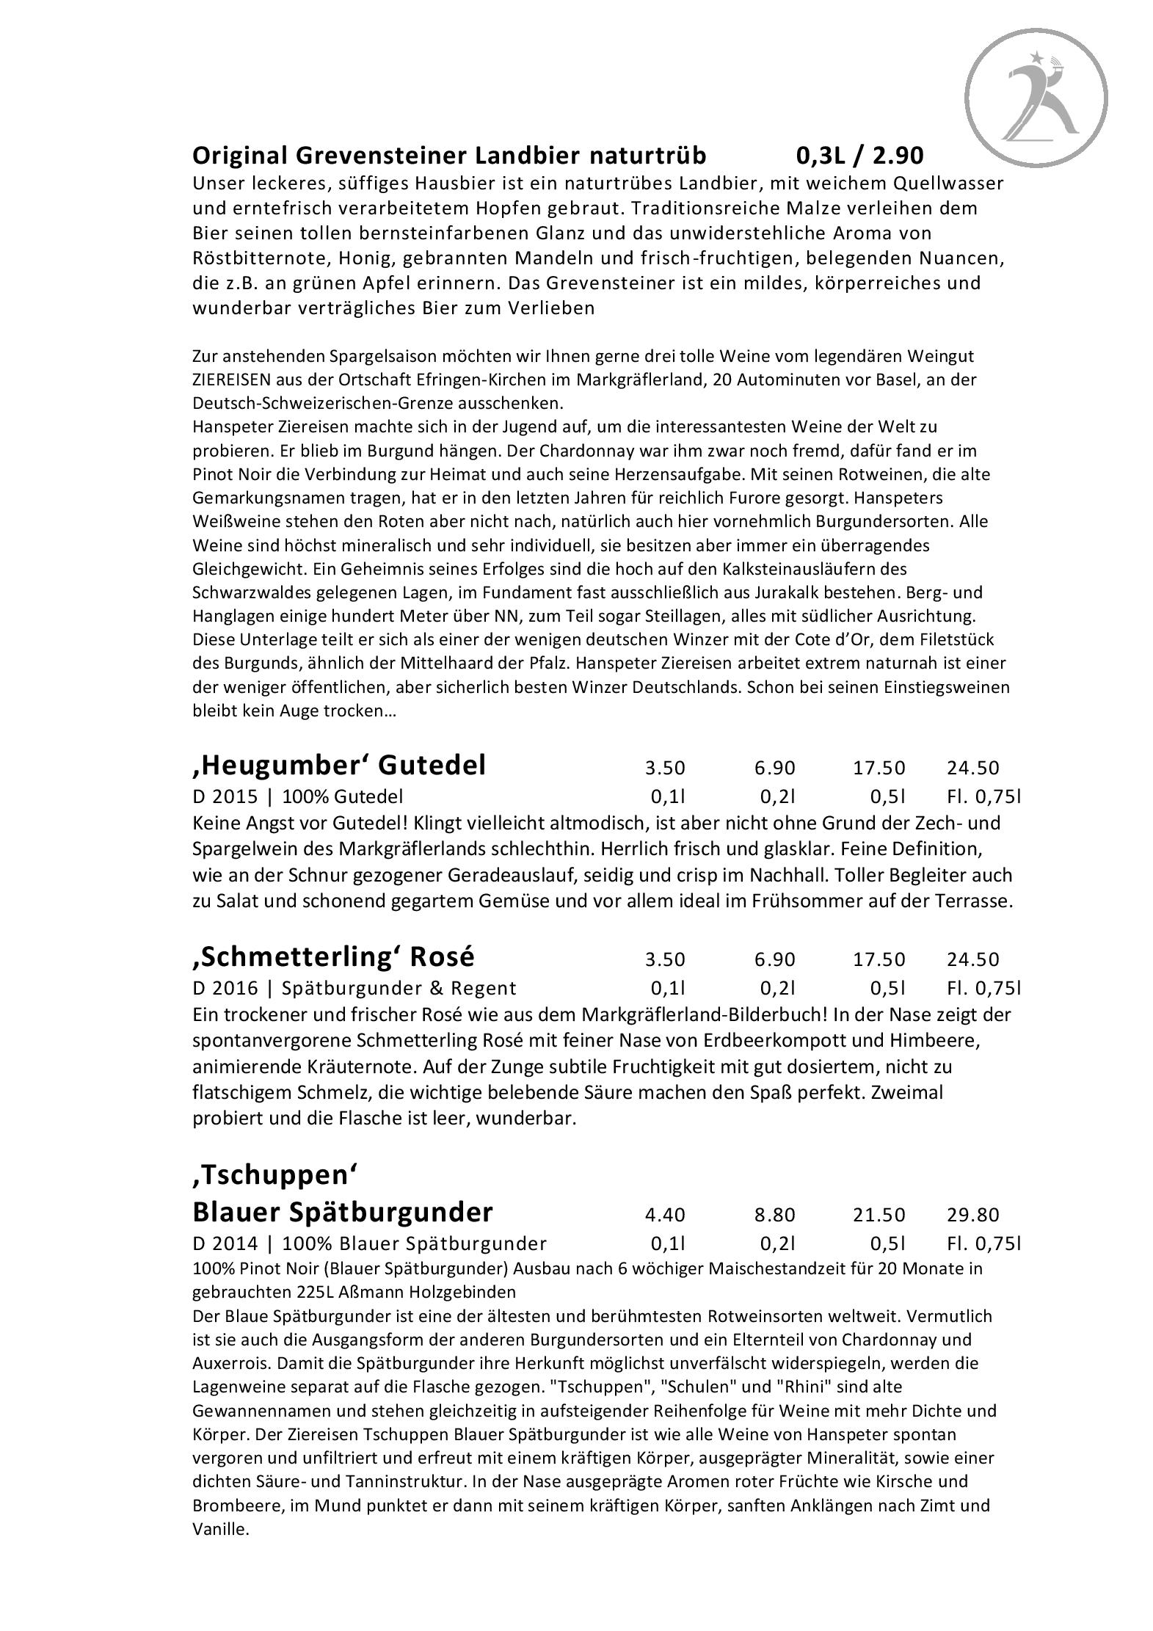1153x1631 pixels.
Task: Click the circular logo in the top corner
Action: tap(1036, 98)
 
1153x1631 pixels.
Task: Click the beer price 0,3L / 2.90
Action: tap(859, 156)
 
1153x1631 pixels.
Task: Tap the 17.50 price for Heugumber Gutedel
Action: tap(879, 768)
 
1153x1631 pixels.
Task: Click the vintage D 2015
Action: tap(225, 796)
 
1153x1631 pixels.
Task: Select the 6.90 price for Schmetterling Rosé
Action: tap(774, 959)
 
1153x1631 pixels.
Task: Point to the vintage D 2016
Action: tap(225, 988)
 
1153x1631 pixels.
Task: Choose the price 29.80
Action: tap(972, 1215)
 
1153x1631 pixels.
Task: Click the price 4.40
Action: tap(664, 1215)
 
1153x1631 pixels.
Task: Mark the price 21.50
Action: tap(879, 1215)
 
